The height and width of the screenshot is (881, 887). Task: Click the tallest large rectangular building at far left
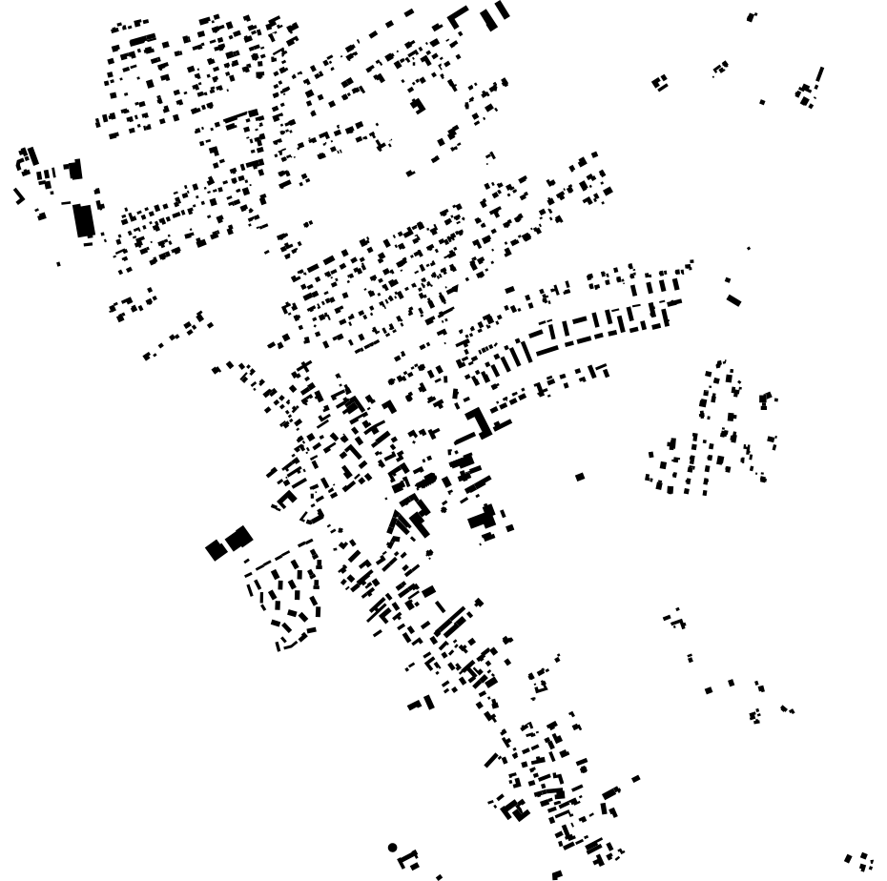pyautogui.click(x=84, y=220)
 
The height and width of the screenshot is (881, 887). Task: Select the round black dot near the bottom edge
pyautogui.click(x=392, y=847)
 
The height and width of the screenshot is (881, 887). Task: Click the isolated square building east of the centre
pyautogui.click(x=579, y=477)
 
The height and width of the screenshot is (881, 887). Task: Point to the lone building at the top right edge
pyautogui.click(x=752, y=16)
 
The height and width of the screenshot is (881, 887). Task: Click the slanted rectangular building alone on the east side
pyautogui.click(x=732, y=300)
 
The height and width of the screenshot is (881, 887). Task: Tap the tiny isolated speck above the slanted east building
pyautogui.click(x=749, y=249)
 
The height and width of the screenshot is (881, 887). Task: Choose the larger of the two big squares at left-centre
pyautogui.click(x=238, y=538)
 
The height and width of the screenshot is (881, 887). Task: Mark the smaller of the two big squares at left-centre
pyautogui.click(x=216, y=550)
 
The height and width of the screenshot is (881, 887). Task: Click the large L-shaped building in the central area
pyautogui.click(x=479, y=422)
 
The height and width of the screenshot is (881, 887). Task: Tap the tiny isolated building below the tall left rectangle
pyautogui.click(x=58, y=264)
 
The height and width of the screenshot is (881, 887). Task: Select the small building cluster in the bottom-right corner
pyautogui.click(x=859, y=861)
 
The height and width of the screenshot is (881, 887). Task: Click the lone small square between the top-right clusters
pyautogui.click(x=761, y=102)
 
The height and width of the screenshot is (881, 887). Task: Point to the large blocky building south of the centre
pyautogui.click(x=482, y=520)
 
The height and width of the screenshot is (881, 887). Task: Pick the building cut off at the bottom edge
pyautogui.click(x=557, y=874)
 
